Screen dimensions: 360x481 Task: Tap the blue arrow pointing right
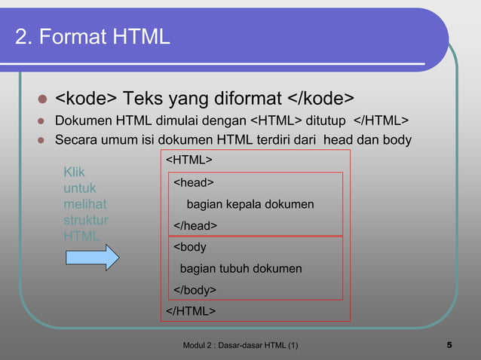click(x=90, y=257)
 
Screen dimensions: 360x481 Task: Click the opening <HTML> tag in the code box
click(x=188, y=160)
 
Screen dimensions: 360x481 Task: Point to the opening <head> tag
click(x=194, y=182)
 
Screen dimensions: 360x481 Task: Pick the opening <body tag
click(x=190, y=247)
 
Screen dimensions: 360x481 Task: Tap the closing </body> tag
click(x=195, y=290)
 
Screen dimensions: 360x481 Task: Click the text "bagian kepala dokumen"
click(x=250, y=204)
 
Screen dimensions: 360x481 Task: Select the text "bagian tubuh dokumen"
click(x=240, y=269)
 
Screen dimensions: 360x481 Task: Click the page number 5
click(x=449, y=346)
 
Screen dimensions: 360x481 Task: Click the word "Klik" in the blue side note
click(x=75, y=172)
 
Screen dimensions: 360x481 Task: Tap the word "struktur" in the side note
click(x=85, y=220)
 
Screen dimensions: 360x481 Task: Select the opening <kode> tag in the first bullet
click(x=86, y=99)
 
